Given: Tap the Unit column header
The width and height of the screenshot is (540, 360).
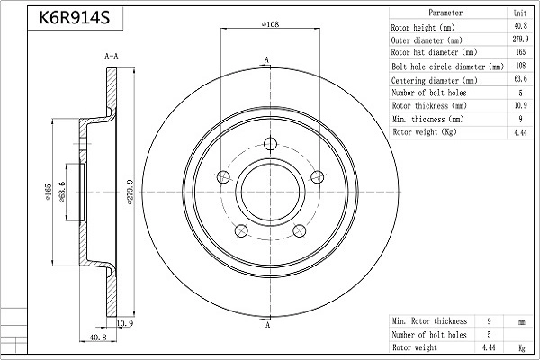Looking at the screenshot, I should [x=520, y=13].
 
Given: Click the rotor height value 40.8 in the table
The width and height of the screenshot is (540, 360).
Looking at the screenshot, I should [x=520, y=27].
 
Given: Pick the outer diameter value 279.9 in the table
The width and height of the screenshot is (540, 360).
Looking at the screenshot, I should [x=520, y=40].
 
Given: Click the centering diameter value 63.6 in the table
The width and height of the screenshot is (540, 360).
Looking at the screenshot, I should [x=520, y=79].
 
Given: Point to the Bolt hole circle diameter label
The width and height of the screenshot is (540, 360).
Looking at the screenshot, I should [x=447, y=67].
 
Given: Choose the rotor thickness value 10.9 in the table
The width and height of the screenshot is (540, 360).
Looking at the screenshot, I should [x=520, y=105].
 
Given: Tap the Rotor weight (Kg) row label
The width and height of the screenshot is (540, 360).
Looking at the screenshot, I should [x=425, y=131].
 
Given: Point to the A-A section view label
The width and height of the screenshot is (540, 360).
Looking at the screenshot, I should [x=112, y=57].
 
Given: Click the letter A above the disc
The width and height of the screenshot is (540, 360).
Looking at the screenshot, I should [x=267, y=60].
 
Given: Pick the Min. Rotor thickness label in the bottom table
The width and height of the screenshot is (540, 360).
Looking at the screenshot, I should [x=430, y=320].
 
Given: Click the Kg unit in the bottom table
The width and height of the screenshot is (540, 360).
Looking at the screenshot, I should [x=520, y=346].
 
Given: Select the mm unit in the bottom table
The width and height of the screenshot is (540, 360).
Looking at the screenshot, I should [x=520, y=320].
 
